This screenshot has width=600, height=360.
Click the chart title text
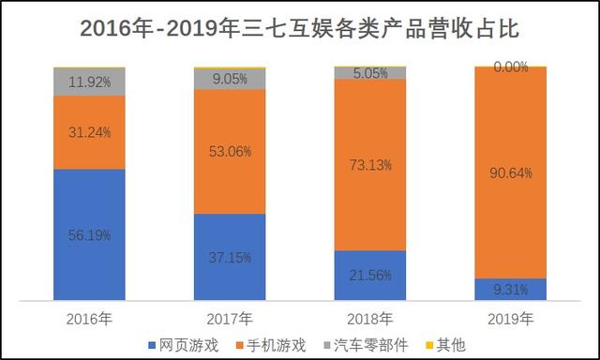[300, 28]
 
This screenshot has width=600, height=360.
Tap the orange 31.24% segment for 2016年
[89, 132]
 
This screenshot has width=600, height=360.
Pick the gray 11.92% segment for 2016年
[89, 82]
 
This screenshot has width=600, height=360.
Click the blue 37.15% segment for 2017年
[230, 258]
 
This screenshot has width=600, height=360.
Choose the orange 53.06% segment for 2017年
[230, 152]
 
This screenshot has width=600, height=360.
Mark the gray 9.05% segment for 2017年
[230, 80]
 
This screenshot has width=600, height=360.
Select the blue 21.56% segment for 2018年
[370, 277]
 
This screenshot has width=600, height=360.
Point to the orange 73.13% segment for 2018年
[370, 164]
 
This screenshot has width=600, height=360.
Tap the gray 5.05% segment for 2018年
[370, 73]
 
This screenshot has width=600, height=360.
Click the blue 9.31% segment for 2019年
[511, 291]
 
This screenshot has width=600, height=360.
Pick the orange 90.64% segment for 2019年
[511, 172]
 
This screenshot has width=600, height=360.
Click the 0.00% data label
[511, 67]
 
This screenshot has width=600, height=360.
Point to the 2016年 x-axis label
[89, 319]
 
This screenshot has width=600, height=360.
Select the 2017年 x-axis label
[230, 319]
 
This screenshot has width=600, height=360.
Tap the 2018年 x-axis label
[370, 319]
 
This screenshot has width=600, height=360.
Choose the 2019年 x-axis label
[511, 319]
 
